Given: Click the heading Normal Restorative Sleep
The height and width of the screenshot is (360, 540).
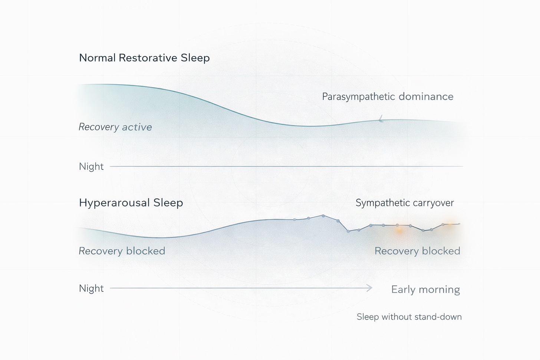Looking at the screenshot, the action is (144, 58).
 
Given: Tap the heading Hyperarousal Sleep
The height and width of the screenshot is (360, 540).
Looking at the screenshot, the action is (131, 203).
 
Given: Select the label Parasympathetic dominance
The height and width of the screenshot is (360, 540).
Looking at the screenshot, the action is (388, 97).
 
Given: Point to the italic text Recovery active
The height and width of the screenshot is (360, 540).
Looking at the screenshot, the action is (115, 127).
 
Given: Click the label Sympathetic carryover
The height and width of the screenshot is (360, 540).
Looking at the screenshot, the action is (405, 203).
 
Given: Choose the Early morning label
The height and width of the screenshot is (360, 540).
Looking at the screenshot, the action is (425, 289).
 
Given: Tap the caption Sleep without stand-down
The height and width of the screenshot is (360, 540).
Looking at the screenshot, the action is (409, 317).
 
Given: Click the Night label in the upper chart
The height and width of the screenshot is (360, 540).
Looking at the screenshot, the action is (91, 166).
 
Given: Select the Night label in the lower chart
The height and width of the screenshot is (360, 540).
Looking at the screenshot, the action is (91, 288).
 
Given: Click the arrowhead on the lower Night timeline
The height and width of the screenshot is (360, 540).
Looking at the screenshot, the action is (369, 288).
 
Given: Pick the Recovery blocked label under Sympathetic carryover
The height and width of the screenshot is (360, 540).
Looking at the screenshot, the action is (417, 251).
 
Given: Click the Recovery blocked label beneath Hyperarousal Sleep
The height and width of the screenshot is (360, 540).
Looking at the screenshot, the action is (122, 251).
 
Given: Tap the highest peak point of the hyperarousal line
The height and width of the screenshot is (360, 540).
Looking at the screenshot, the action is (323, 215).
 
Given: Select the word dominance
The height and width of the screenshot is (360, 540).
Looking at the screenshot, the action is (426, 97).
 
